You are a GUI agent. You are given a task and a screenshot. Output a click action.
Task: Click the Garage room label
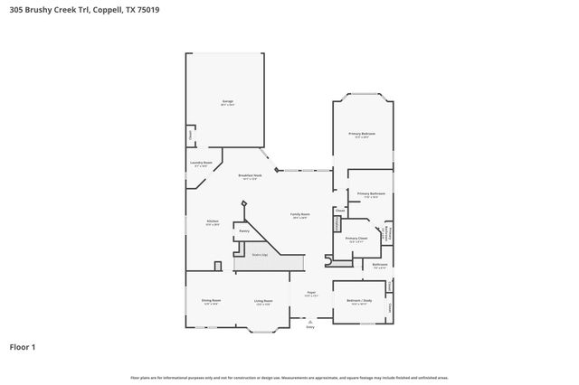[x=227, y=103]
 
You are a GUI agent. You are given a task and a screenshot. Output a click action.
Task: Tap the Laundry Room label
[x=201, y=164]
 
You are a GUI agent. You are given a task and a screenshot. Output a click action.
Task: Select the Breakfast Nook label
[x=251, y=176]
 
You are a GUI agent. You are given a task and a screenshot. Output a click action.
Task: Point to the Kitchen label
[x=213, y=222]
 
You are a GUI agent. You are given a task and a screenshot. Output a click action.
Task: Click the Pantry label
[x=244, y=231]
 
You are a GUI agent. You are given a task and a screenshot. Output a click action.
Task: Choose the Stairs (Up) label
[x=258, y=256]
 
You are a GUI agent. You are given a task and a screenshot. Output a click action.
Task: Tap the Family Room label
[x=299, y=215]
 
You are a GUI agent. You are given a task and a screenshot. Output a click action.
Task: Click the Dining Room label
[x=212, y=301]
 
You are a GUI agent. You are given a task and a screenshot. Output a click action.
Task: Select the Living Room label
[x=263, y=301]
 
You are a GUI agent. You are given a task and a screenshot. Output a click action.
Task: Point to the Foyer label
[x=310, y=294]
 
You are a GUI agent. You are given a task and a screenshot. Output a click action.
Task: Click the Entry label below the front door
[x=310, y=326]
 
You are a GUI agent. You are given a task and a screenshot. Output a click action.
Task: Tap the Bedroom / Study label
[x=359, y=301]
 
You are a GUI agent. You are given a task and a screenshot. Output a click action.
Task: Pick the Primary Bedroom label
[x=363, y=134]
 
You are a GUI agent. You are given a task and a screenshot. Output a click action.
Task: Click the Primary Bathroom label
[x=371, y=194]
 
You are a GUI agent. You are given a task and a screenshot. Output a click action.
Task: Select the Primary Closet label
[x=356, y=239]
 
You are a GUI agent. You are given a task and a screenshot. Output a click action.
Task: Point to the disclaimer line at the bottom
[x=289, y=377]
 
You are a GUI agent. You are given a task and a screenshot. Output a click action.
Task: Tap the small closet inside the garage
[x=190, y=135]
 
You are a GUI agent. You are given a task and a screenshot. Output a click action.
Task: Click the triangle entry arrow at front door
[x=310, y=320]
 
